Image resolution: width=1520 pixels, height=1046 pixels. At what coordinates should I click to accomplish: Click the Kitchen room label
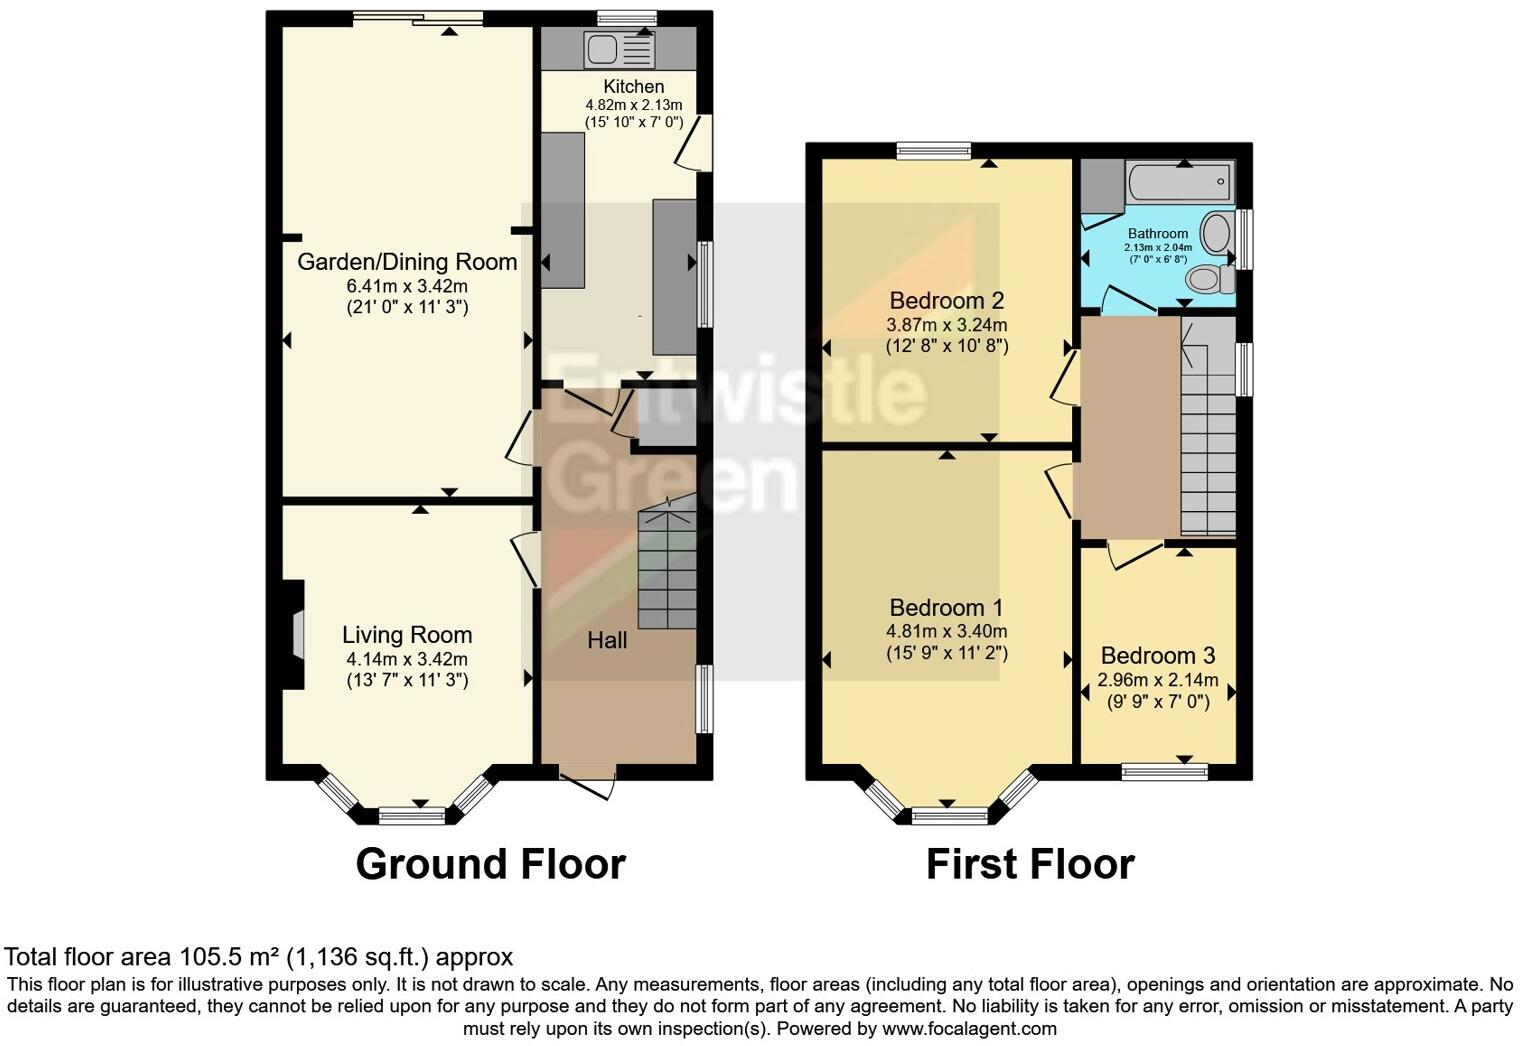point(633,87)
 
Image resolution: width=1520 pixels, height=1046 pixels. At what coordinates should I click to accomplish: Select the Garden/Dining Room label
point(407,262)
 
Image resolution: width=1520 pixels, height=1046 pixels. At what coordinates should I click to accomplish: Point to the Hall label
point(607,640)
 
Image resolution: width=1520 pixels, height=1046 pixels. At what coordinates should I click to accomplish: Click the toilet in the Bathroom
point(1210,278)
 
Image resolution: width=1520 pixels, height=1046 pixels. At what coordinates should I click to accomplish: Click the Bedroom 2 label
point(946,300)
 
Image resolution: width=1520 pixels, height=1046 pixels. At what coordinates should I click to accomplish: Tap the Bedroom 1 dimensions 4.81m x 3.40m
point(946,631)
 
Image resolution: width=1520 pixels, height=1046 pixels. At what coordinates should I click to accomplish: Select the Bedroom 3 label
point(1158,656)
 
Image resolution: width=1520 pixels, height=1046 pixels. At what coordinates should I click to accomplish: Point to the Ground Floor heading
point(490,864)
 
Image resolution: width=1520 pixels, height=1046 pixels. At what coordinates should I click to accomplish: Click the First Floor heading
point(1030,864)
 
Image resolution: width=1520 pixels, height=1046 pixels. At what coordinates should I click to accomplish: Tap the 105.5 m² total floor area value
point(228,957)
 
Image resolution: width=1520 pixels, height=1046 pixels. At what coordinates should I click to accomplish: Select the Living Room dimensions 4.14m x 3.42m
point(407,659)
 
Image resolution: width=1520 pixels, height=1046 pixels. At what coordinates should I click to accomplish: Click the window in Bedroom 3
point(1164,771)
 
